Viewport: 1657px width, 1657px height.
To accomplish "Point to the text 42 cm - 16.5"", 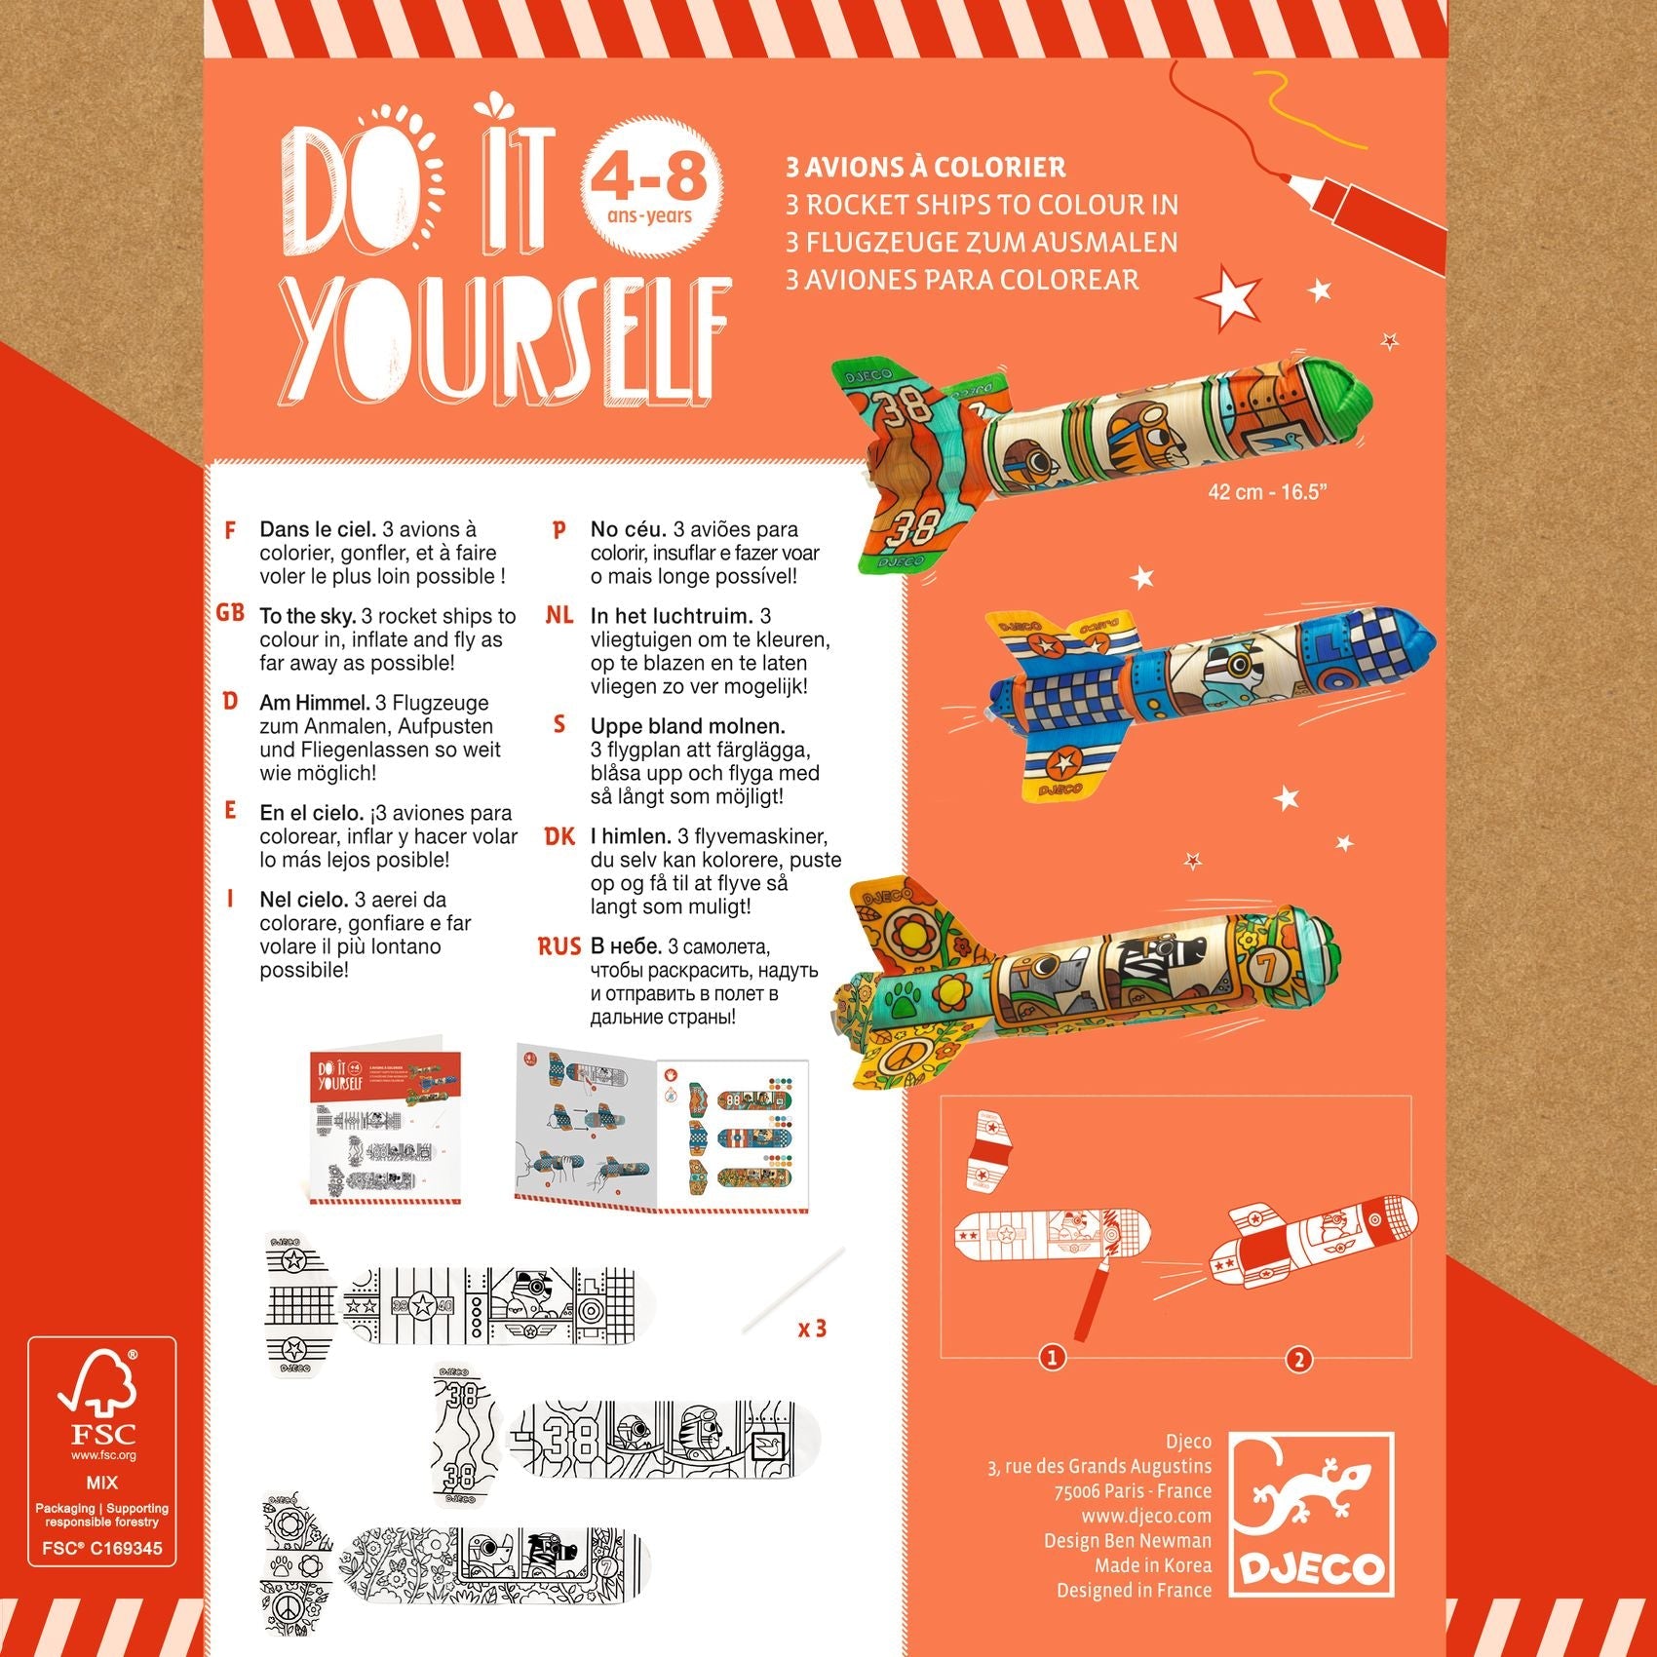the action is (1267, 492).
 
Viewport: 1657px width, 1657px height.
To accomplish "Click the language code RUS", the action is (559, 946).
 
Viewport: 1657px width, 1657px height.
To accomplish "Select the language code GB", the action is (230, 614).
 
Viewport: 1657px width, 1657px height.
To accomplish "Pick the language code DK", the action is (559, 836).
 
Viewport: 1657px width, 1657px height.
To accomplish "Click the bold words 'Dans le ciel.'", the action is (318, 529).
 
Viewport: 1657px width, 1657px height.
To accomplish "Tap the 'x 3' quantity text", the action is (812, 1329).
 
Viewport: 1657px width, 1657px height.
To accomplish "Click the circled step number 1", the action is (1051, 1357).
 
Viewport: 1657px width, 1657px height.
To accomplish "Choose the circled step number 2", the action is (1298, 1359).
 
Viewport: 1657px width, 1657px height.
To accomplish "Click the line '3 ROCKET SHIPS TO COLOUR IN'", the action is (983, 205).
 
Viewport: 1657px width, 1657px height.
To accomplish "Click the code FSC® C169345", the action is (101, 1548).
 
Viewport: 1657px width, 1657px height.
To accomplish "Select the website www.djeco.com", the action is (1146, 1516).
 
